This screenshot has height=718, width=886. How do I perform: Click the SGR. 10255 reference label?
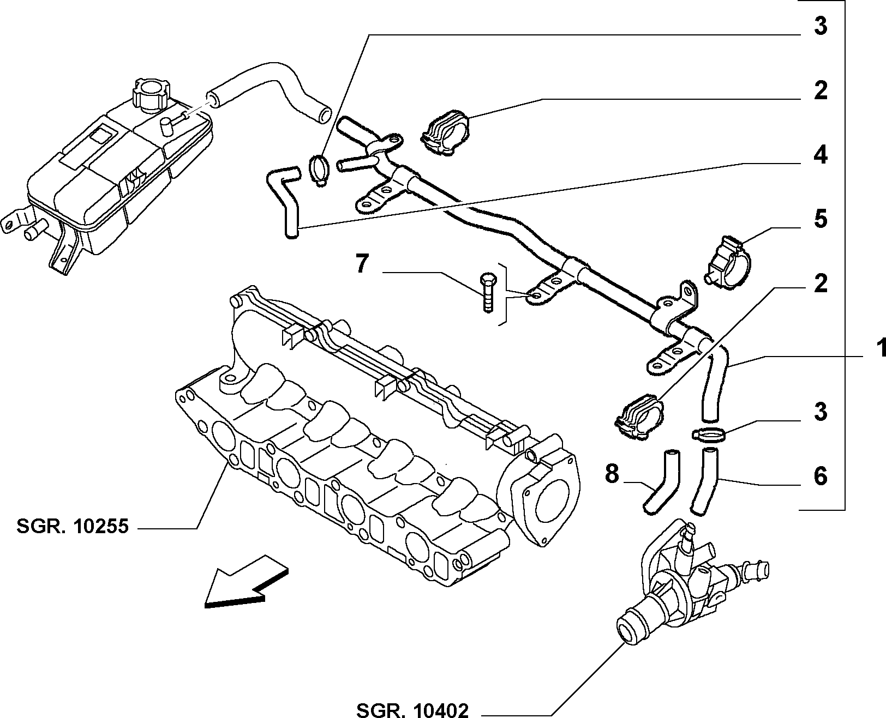tap(73, 527)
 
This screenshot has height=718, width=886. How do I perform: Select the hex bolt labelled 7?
tap(488, 293)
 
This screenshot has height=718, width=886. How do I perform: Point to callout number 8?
tap(612, 473)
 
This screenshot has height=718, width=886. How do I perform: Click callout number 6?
tap(821, 476)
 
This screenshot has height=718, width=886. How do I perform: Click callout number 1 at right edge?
tap(880, 348)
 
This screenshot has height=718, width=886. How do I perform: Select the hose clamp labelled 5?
tap(728, 262)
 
